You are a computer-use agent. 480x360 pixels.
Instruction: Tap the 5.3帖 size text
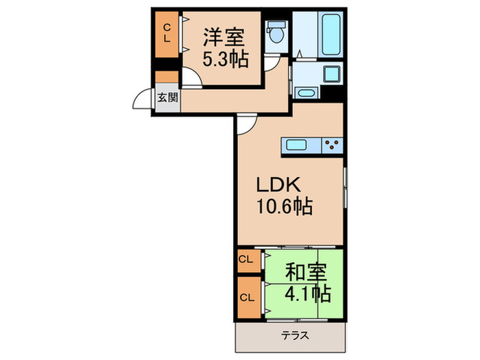pyautogui.click(x=224, y=58)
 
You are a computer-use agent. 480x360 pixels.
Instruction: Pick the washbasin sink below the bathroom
pyautogui.click(x=307, y=93)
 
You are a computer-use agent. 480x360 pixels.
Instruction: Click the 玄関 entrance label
pyautogui.click(x=168, y=97)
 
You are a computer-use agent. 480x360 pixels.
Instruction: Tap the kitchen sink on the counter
pyautogui.click(x=298, y=145)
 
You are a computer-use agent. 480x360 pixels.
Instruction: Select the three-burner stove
pyautogui.click(x=333, y=145)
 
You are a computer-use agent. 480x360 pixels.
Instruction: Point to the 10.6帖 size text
pyautogui.click(x=285, y=206)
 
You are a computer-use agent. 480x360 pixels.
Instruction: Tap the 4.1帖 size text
pyautogui.click(x=307, y=295)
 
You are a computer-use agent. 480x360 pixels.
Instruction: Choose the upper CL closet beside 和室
pyautogui.click(x=246, y=260)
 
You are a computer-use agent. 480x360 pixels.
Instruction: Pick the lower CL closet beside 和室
pyautogui.click(x=246, y=298)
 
